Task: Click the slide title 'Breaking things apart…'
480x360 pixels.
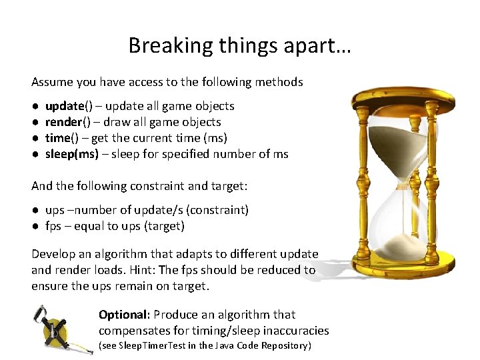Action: click(240, 45)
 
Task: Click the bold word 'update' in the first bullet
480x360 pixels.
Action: click(64, 106)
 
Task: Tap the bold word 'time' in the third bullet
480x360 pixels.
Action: click(57, 138)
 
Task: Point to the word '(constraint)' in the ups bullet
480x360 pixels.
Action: click(217, 210)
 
